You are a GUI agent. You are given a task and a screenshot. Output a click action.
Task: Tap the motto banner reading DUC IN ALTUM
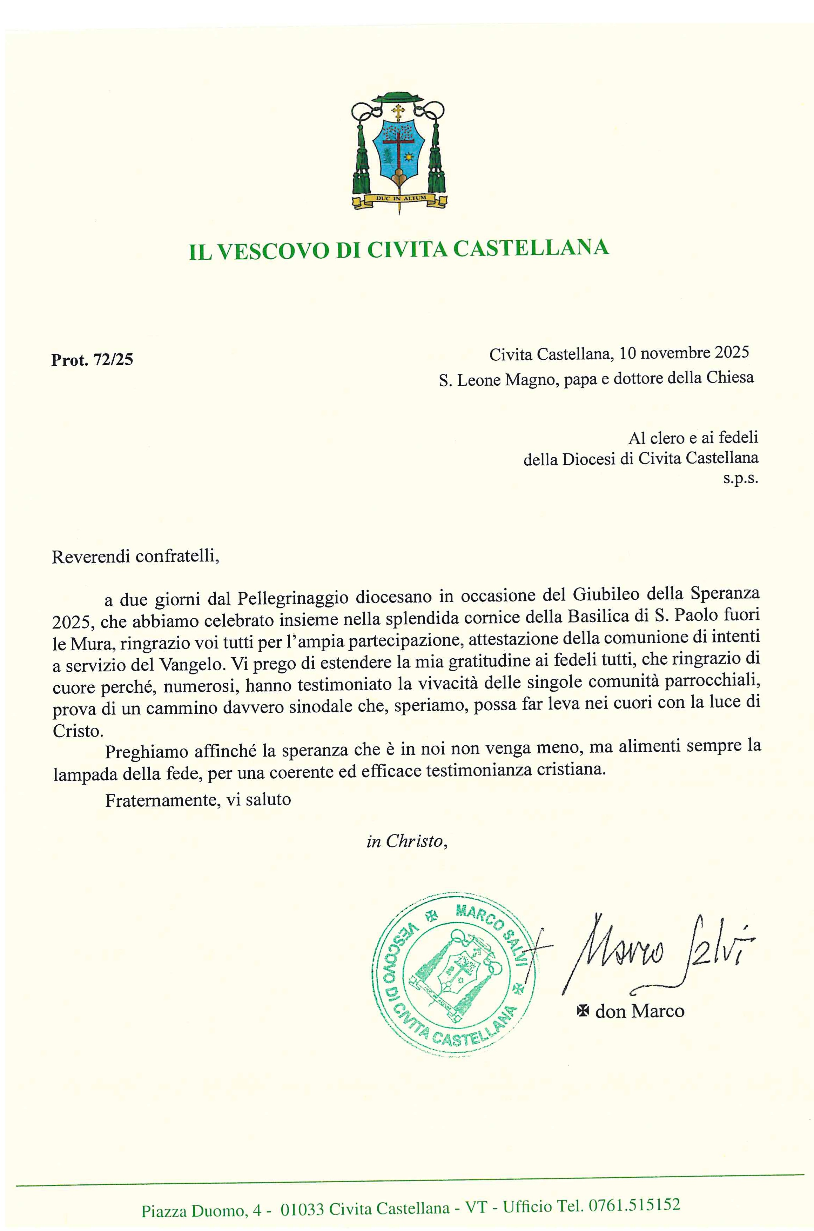click(398, 198)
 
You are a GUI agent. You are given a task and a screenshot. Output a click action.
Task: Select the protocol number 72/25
click(113, 359)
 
